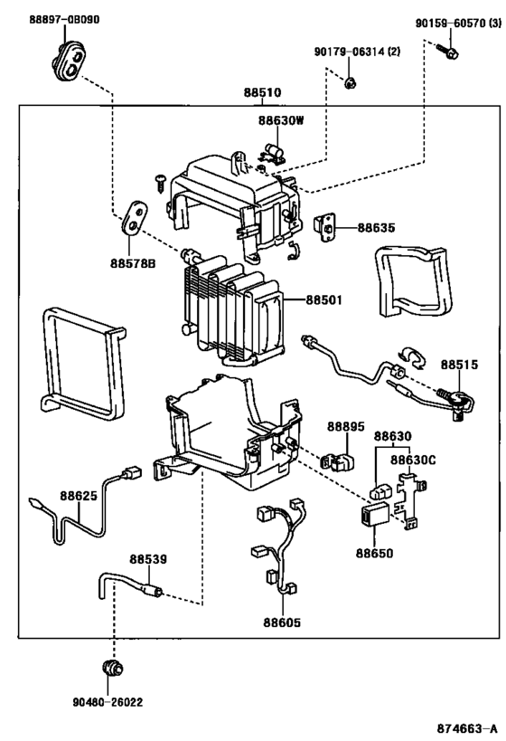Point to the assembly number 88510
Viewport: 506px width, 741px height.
[262, 92]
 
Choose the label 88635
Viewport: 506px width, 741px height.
[375, 228]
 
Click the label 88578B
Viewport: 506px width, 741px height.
[133, 263]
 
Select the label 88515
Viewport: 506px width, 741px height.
[459, 364]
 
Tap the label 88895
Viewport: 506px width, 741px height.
[345, 426]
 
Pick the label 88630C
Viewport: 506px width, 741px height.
[413, 460]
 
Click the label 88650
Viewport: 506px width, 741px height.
[373, 551]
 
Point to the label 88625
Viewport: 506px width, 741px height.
[79, 496]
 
